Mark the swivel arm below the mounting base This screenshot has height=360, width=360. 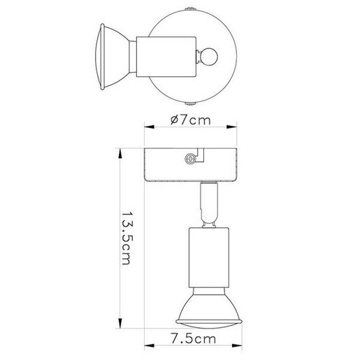pyautogui.click(x=207, y=203)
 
